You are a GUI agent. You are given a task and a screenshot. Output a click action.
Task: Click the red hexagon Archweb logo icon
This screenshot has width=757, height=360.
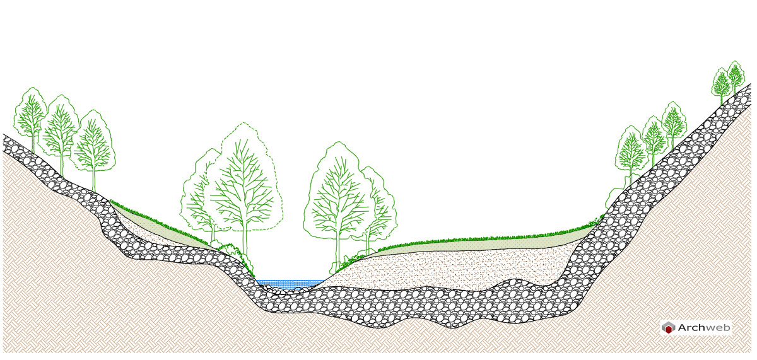(668, 328)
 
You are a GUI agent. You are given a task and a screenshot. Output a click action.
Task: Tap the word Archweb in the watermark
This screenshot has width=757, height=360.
(704, 328)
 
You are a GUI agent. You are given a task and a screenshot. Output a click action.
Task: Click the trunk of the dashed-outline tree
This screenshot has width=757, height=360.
(245, 243)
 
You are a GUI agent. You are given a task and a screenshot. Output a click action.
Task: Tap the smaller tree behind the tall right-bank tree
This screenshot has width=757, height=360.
(378, 209)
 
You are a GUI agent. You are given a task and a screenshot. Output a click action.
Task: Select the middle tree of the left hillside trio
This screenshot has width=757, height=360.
(60, 132)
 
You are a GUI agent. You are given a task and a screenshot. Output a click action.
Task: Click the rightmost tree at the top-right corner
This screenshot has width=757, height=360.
(736, 76)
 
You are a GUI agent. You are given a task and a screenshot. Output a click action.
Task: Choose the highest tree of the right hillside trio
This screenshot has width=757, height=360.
(674, 124)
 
